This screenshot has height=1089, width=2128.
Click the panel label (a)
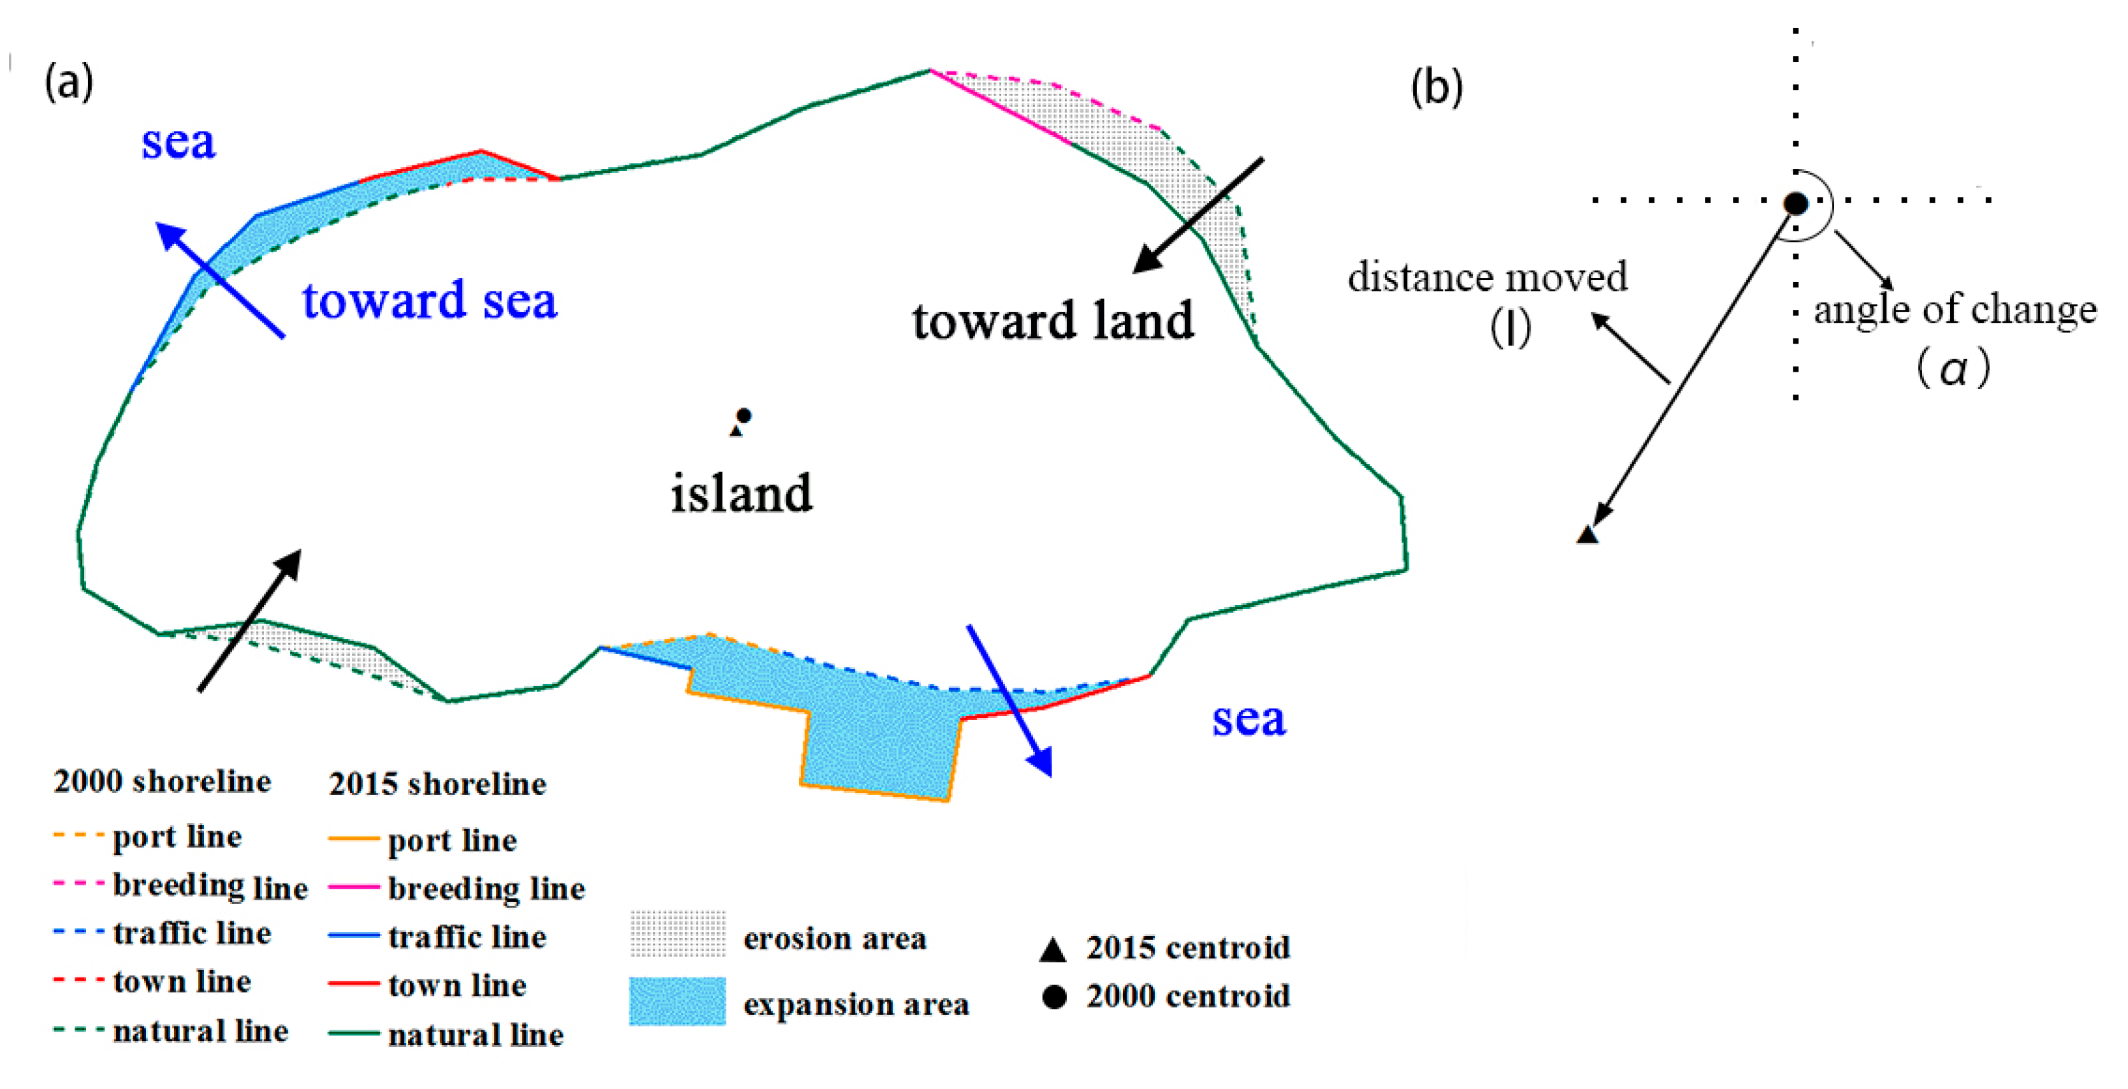point(69,84)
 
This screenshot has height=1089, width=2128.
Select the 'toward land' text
point(1053,321)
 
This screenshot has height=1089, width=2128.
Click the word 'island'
point(741,493)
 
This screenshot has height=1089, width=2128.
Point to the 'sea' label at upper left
point(178,142)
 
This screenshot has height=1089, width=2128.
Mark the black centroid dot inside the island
point(744,415)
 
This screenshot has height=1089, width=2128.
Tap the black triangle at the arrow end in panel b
point(1587,534)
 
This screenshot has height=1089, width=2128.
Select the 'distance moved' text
point(1487,277)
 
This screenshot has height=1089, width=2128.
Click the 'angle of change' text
point(1955,309)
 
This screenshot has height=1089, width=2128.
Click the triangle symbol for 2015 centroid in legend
point(1052,950)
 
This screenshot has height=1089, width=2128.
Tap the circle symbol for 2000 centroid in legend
point(1054,997)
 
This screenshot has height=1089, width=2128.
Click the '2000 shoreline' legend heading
point(162,782)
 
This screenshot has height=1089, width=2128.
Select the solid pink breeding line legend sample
point(354,888)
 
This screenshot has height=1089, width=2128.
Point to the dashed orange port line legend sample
point(78,835)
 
